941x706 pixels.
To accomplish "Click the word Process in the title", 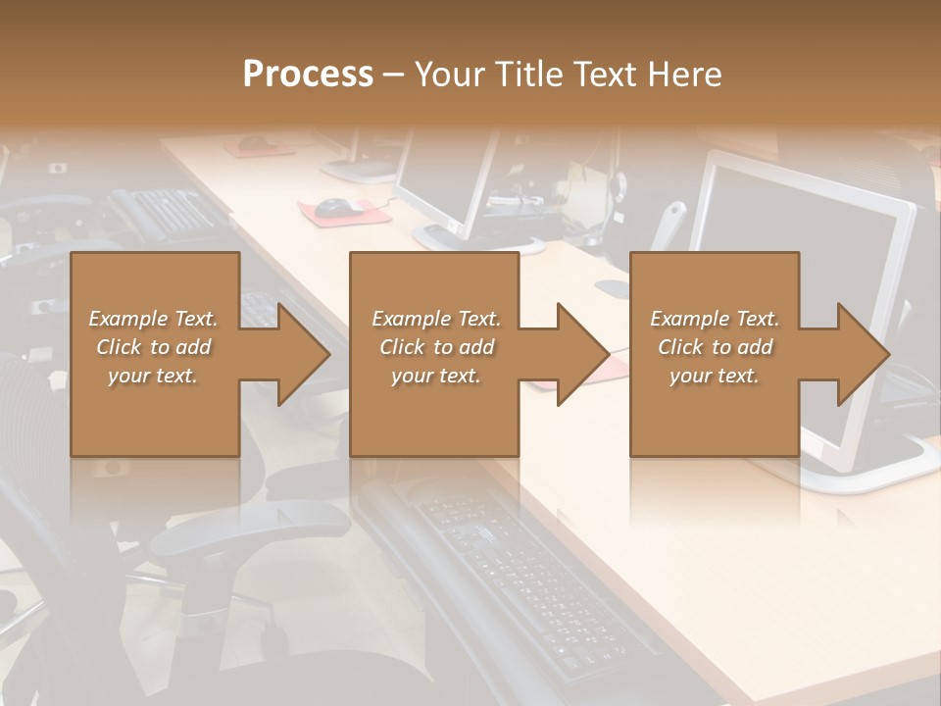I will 308,75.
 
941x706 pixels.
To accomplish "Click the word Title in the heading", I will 528,75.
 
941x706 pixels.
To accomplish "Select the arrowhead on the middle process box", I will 581,354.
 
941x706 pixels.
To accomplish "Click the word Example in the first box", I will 128,319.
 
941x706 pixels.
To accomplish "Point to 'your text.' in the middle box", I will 435,376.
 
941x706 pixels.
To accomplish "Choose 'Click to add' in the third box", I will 715,347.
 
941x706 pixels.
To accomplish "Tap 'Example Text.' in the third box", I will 715,319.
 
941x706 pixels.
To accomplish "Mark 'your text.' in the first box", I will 153,376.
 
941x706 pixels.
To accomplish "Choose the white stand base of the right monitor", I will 863,471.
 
